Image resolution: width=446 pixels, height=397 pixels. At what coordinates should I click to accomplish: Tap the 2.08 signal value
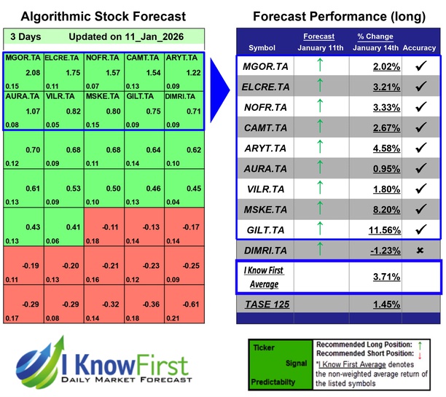(x=32, y=74)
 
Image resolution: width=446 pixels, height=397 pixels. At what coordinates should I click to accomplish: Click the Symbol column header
(x=262, y=48)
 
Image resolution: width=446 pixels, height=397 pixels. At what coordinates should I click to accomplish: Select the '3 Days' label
(x=26, y=36)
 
